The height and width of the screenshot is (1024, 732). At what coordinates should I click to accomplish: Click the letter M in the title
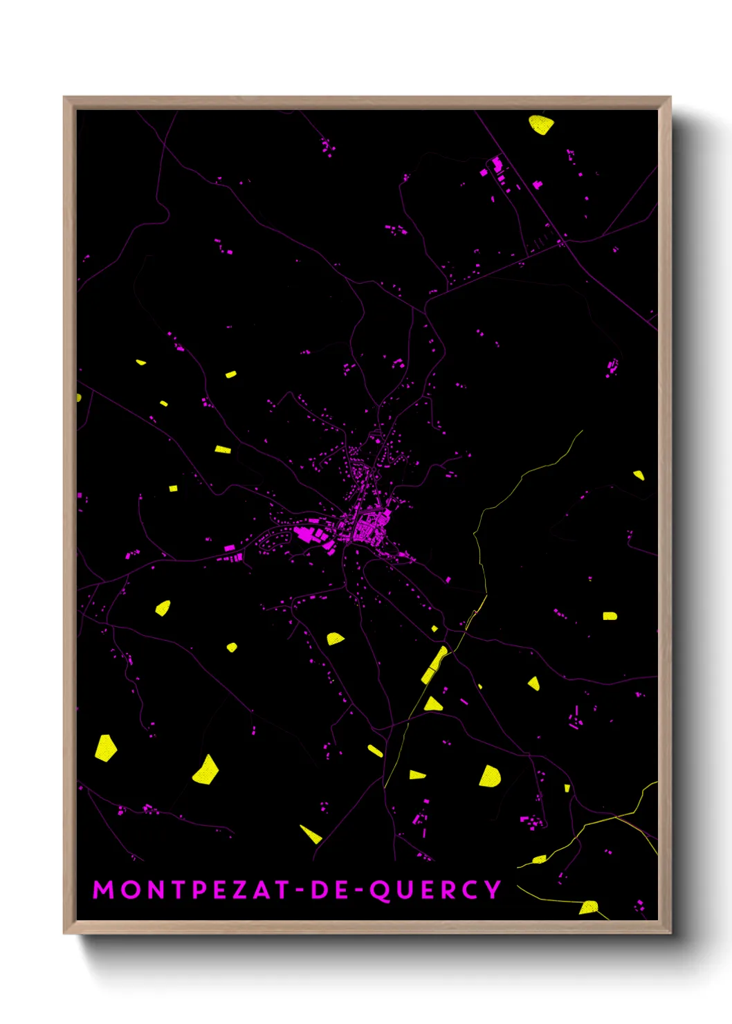[103, 890]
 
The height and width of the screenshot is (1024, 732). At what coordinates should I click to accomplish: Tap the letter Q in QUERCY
[380, 890]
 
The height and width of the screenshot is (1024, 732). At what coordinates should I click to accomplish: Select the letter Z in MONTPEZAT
[239, 890]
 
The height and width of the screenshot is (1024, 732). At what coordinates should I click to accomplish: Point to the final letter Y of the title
[493, 890]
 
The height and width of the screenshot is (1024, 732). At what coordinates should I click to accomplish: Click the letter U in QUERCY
[404, 890]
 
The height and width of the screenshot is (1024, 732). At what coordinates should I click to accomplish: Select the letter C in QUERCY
[470, 890]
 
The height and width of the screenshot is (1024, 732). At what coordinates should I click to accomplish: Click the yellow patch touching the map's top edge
[541, 124]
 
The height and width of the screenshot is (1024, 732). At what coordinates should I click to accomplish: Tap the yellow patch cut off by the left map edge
[79, 398]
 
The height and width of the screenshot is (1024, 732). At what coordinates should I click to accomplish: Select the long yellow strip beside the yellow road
[434, 664]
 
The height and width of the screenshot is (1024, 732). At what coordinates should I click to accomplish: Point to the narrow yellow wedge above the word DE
[311, 834]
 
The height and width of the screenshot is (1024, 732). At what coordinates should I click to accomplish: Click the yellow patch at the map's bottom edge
[589, 907]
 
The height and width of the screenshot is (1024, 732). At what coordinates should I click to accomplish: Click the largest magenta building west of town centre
[303, 533]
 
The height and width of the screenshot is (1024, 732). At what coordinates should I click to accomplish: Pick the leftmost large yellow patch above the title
[105, 749]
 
